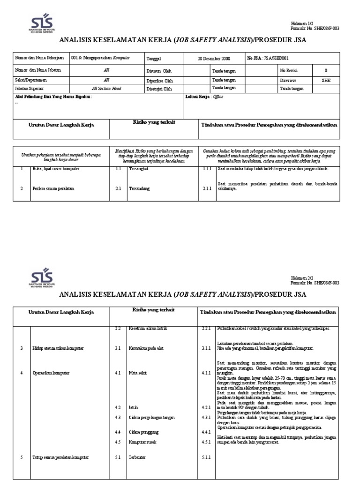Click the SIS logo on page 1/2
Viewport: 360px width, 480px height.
pyautogui.click(x=42, y=23)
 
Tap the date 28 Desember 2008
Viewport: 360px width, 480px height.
pyautogui.click(x=214, y=59)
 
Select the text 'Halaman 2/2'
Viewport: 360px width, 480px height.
pyautogui.click(x=301, y=278)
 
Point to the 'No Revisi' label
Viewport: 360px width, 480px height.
pyautogui.click(x=289, y=70)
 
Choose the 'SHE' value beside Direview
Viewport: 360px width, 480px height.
pyautogui.click(x=326, y=80)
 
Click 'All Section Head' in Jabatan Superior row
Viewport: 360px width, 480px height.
pyautogui.click(x=106, y=88)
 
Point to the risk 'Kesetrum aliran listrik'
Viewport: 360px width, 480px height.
pyautogui.click(x=148, y=329)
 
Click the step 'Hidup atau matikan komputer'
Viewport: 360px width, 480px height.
pyautogui.click(x=58, y=348)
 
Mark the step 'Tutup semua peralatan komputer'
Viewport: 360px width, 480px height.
pyautogui.click(x=61, y=457)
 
